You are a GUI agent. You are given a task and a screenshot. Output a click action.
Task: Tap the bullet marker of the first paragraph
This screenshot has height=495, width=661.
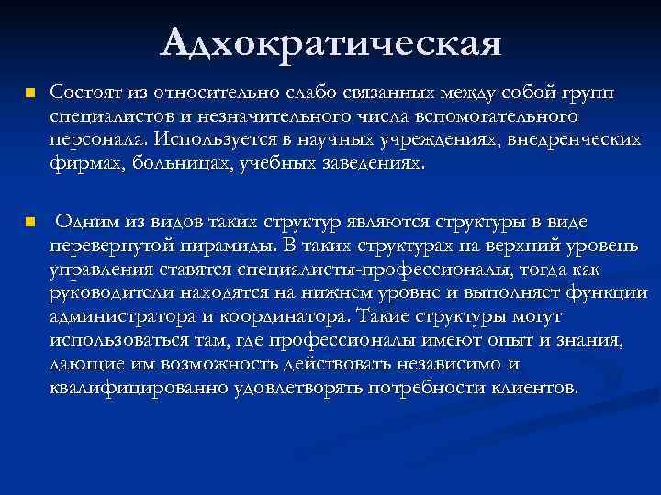pos(29,94)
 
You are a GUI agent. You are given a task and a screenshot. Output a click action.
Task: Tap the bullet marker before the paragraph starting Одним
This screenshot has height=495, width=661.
pos(29,223)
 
